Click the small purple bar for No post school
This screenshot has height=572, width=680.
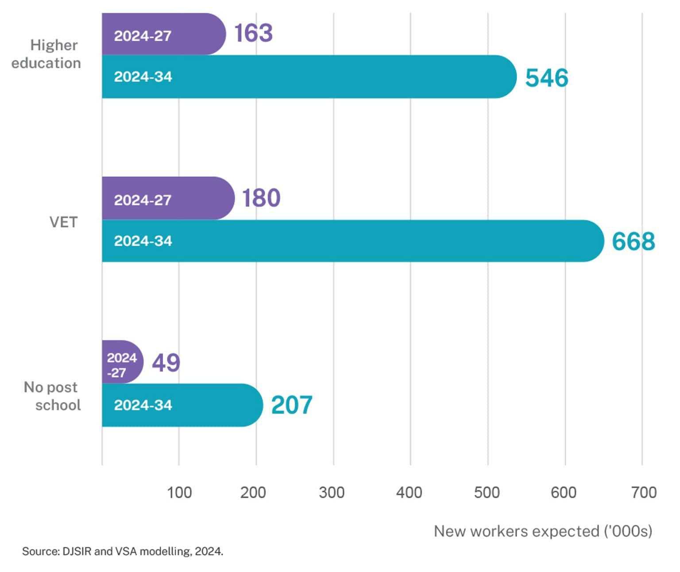pyautogui.click(x=122, y=362)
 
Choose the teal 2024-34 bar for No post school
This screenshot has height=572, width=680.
pyautogui.click(x=182, y=405)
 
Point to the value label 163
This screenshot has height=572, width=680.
pyautogui.click(x=253, y=33)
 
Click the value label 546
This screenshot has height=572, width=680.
pyautogui.click(x=546, y=78)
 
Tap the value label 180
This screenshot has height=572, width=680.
pyautogui.click(x=261, y=198)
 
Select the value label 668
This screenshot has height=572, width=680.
pyautogui.click(x=633, y=241)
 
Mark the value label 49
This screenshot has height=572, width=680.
pyautogui.click(x=166, y=363)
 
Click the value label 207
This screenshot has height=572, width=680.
pyautogui.click(x=292, y=405)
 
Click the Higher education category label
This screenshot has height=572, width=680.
pyautogui.click(x=46, y=54)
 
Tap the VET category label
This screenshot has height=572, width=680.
pyautogui.click(x=63, y=222)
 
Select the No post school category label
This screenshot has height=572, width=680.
pyautogui.click(x=52, y=396)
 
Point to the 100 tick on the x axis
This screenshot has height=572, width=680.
pyautogui.click(x=179, y=492)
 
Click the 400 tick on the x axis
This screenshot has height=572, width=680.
pyautogui.click(x=409, y=492)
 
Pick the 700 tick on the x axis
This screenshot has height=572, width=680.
pyautogui.click(x=643, y=492)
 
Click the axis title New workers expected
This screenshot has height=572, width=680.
pyautogui.click(x=543, y=531)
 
